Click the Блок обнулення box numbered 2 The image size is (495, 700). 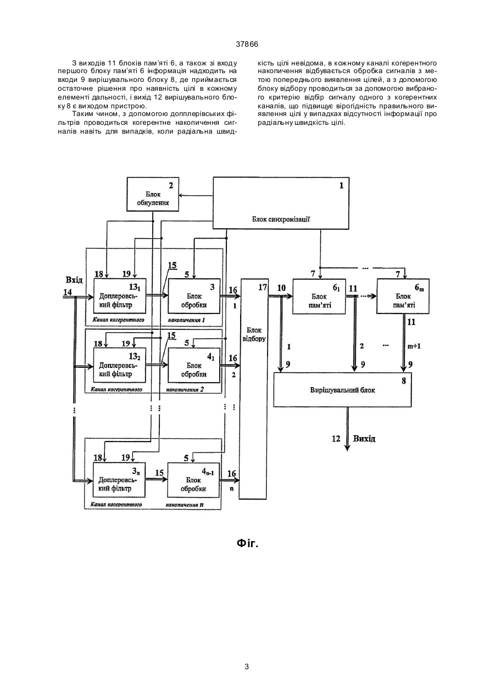[x=153, y=194]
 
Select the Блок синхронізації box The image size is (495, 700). [x=281, y=203]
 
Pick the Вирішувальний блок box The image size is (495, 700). [x=342, y=389]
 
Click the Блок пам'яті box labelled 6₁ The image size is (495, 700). [x=319, y=296]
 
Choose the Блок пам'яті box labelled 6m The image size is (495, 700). [x=403, y=296]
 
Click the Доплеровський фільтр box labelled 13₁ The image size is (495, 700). [x=120, y=296]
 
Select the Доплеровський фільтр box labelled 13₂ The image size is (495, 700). [x=120, y=365]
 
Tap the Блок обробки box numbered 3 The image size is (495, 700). [x=194, y=296]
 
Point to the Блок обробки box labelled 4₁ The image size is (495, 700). [x=194, y=365]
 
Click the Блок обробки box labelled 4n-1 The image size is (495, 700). [x=193, y=480]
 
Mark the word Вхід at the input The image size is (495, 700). [x=74, y=280]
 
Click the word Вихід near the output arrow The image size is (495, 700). [x=364, y=438]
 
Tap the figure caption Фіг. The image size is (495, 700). [x=248, y=544]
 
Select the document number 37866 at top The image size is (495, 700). [x=247, y=45]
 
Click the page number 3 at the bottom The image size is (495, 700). [x=247, y=665]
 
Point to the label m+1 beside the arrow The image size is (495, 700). [x=414, y=346]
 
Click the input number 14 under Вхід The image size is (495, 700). [x=68, y=292]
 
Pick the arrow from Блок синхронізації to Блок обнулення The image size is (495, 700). [x=196, y=196]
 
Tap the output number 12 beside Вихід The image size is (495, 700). [x=336, y=439]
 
